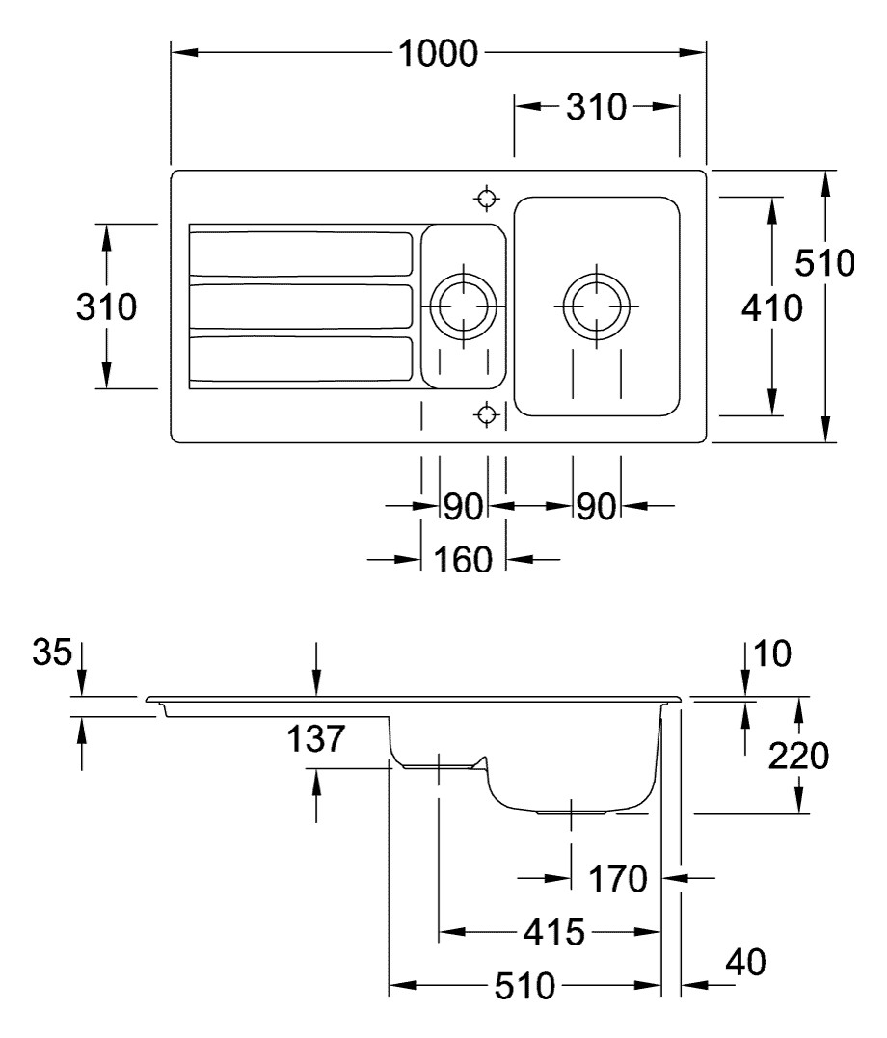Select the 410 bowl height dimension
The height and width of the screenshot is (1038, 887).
pos(771,308)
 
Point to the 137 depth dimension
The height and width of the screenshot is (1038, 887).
pos(315,740)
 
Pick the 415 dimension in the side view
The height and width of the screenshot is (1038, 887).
pos(552,932)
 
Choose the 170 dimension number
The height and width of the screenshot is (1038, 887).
pos(618,878)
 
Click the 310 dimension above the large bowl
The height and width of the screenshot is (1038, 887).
pos(596,107)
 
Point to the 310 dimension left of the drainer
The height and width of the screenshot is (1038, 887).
pos(106,307)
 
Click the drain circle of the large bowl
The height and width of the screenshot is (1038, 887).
pos(596,306)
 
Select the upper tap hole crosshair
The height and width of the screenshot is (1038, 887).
pos(488,199)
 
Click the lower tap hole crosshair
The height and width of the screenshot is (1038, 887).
pos(488,414)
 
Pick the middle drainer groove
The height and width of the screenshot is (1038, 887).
pos(302,307)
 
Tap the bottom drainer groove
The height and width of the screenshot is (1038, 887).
pos(302,359)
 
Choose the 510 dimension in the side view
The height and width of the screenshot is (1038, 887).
pos(525,986)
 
